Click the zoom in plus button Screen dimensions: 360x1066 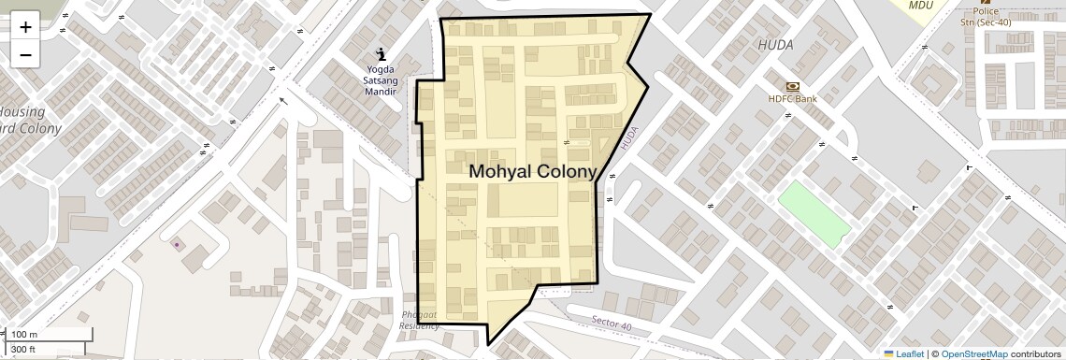pyautogui.click(x=25, y=27)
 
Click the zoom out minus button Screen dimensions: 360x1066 pyautogui.click(x=25, y=55)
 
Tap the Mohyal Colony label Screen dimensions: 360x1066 pyautogui.click(x=532, y=172)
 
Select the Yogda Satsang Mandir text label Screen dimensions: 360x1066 pyautogui.click(x=380, y=81)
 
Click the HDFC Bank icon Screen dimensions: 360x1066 pyautogui.click(x=793, y=86)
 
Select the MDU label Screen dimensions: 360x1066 pyautogui.click(x=921, y=6)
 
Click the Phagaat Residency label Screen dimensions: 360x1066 pyautogui.click(x=419, y=320)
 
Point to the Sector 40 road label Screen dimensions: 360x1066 pyautogui.click(x=612, y=324)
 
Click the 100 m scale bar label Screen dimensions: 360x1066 pyautogui.click(x=25, y=335)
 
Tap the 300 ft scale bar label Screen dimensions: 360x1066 pyautogui.click(x=24, y=350)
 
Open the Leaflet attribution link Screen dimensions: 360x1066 pyautogui.click(x=904, y=353)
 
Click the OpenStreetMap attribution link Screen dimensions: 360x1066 pyautogui.click(x=973, y=353)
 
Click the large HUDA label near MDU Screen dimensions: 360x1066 pyautogui.click(x=775, y=45)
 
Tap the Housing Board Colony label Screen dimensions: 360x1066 pyautogui.click(x=30, y=120)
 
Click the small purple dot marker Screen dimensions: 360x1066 pyautogui.click(x=177, y=245)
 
